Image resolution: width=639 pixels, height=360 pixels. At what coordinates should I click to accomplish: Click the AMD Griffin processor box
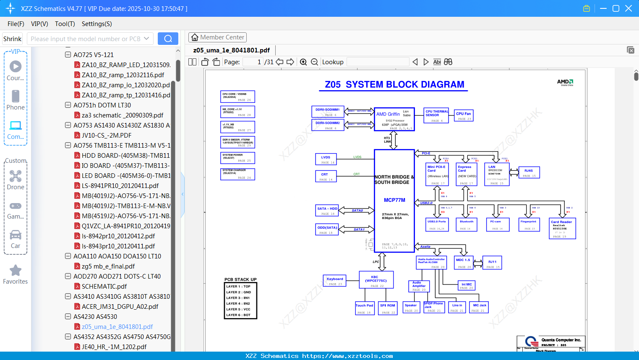(x=394, y=119)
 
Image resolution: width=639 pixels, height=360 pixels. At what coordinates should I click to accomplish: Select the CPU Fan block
(x=464, y=116)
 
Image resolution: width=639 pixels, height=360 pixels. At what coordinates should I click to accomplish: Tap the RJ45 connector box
(x=529, y=172)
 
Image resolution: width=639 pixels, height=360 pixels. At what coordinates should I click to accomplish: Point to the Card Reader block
(x=562, y=229)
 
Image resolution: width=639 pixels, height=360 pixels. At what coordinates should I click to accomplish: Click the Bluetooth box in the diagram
(x=466, y=224)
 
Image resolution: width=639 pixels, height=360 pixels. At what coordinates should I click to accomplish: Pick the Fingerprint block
(x=528, y=224)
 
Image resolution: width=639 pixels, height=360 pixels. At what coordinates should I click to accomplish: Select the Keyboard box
(x=335, y=281)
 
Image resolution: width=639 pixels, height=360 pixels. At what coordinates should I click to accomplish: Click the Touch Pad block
(x=364, y=308)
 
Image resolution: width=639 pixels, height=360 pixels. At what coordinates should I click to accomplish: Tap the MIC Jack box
(x=479, y=308)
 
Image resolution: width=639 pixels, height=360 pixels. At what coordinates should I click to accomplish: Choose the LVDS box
(x=326, y=159)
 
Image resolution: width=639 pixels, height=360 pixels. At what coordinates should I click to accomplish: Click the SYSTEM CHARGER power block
(x=237, y=174)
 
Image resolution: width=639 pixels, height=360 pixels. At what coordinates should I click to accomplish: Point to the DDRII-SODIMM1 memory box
(x=328, y=112)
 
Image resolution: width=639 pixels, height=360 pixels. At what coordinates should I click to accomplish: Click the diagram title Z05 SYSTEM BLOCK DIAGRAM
(x=394, y=84)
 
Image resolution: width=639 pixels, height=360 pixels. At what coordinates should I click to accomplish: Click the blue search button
(x=168, y=39)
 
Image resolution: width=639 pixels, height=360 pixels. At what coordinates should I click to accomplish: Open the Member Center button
(x=217, y=37)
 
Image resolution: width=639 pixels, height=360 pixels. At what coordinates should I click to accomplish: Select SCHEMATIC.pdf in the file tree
(x=104, y=286)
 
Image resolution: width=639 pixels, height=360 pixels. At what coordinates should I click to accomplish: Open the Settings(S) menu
(x=97, y=24)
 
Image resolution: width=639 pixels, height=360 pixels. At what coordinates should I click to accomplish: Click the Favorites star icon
(x=16, y=271)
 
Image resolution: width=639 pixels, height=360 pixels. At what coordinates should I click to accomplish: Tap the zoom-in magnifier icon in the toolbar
(x=303, y=62)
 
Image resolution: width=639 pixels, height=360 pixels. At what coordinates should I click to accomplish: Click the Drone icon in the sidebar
(x=16, y=176)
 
